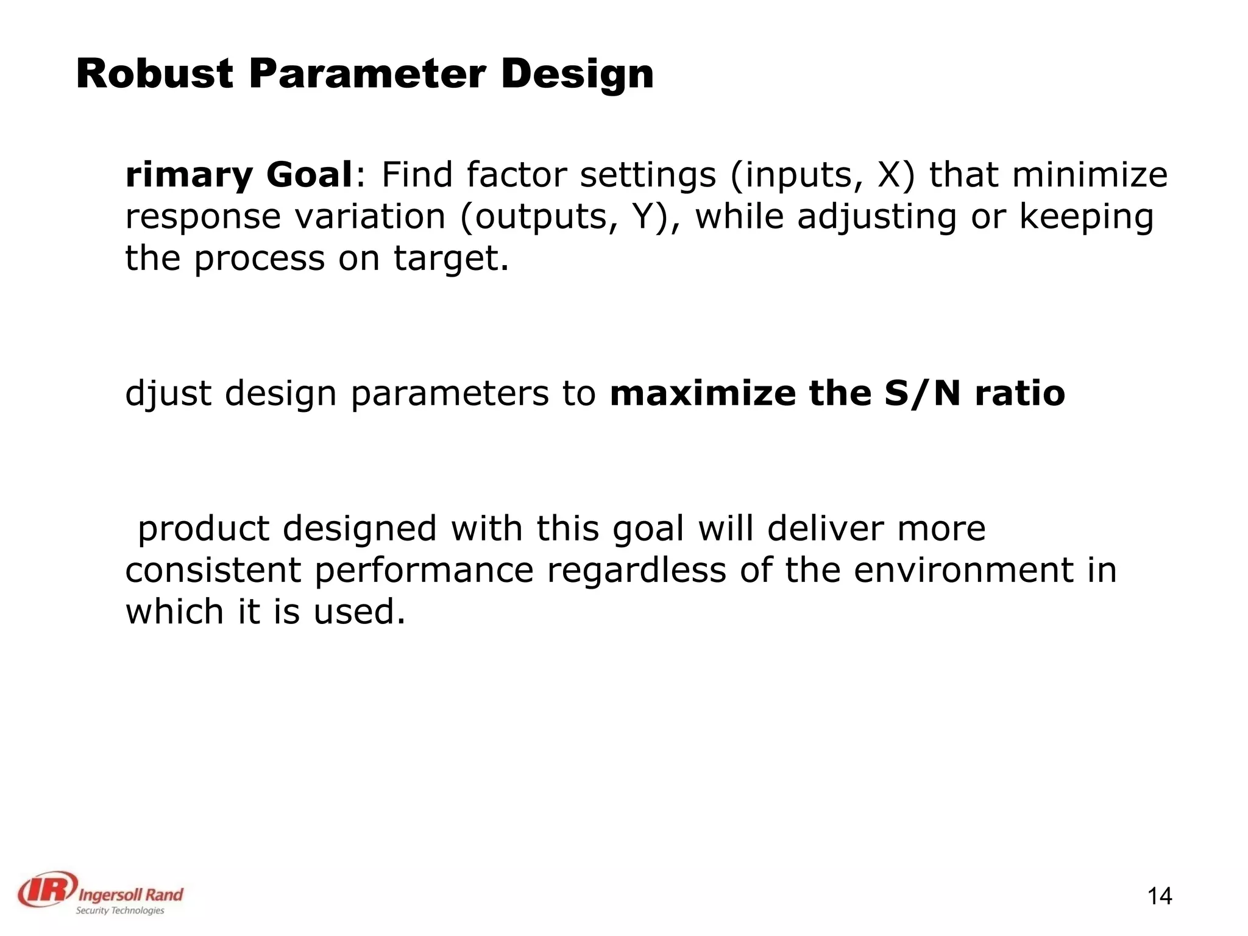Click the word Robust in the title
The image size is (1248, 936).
point(154,74)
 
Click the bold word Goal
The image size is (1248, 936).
point(309,175)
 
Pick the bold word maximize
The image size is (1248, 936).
point(703,393)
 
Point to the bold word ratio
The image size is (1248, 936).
point(1019,393)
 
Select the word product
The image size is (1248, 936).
point(203,529)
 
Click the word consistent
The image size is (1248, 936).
point(213,570)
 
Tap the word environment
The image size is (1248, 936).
point(963,570)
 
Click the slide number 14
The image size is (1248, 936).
point(1160,896)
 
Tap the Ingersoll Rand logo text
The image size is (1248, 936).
point(130,895)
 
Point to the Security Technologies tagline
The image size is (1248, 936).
point(119,910)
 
